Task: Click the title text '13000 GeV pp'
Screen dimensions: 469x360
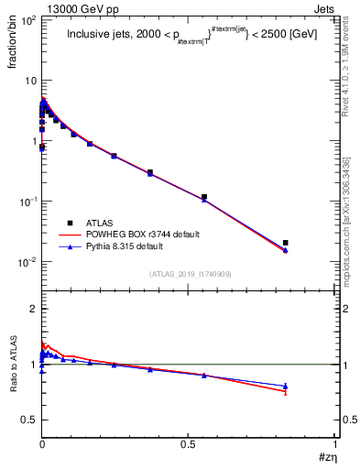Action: [x=67, y=6]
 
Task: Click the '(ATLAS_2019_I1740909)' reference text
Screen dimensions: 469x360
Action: [x=189, y=274]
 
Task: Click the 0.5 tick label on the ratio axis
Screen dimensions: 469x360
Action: [x=27, y=420]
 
